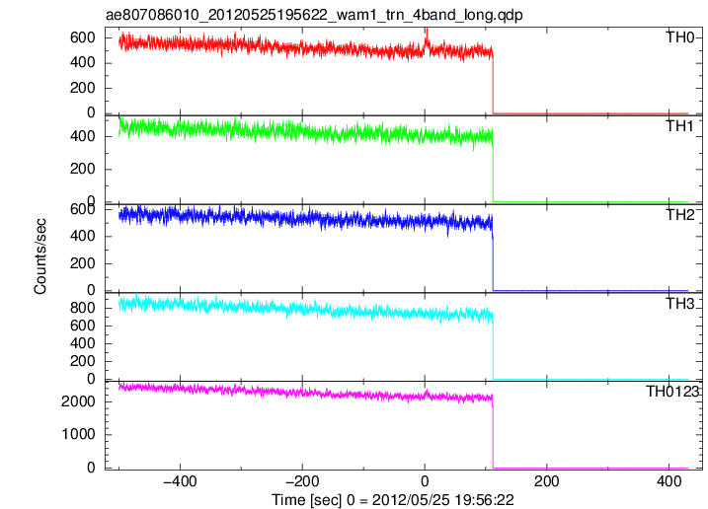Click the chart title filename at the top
point(314,15)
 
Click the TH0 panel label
point(680,37)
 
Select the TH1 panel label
point(680,126)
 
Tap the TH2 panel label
point(680,215)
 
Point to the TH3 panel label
point(680,304)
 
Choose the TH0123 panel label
point(672,392)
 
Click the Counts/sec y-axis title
point(40,255)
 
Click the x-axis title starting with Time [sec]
point(392,500)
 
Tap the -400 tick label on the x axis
point(180,481)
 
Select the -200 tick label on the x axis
point(301,481)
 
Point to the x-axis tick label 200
point(546,481)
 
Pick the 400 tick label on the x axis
point(669,481)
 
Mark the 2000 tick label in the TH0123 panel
point(79,401)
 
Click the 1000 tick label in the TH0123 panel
point(79,434)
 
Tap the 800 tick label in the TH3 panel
point(83,308)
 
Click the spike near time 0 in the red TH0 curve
point(427,38)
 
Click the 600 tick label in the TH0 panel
point(83,37)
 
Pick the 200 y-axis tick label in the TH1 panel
point(83,170)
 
